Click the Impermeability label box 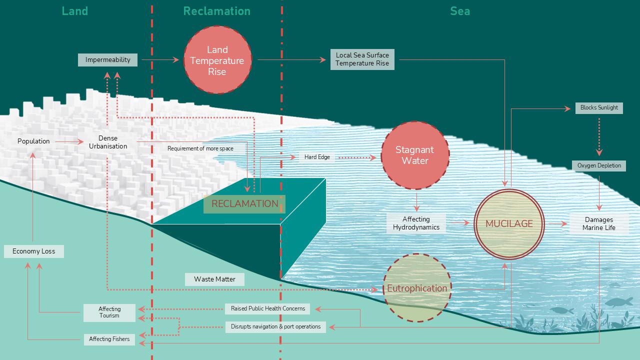pyautogui.click(x=107, y=60)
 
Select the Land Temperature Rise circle pyautogui.click(x=217, y=60)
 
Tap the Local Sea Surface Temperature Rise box pyautogui.click(x=362, y=59)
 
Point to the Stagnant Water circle pyautogui.click(x=414, y=155)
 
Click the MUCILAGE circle pyautogui.click(x=509, y=223)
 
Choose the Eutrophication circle pyautogui.click(x=416, y=288)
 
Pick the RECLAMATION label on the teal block pyautogui.click(x=244, y=203)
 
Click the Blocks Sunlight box pyautogui.click(x=599, y=107)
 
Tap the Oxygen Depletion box pyautogui.click(x=599, y=165)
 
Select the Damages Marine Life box pyautogui.click(x=598, y=223)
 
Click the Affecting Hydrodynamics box pyautogui.click(x=416, y=223)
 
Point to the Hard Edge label pyautogui.click(x=317, y=157)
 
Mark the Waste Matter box pyautogui.click(x=214, y=279)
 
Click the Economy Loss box pyautogui.click(x=33, y=251)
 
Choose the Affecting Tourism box pyautogui.click(x=109, y=312)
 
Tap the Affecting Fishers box pyautogui.click(x=109, y=339)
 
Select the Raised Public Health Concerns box pyautogui.click(x=267, y=308)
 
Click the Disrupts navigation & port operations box pyautogui.click(x=275, y=326)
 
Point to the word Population pyautogui.click(x=33, y=141)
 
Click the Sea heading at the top pyautogui.click(x=459, y=11)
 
